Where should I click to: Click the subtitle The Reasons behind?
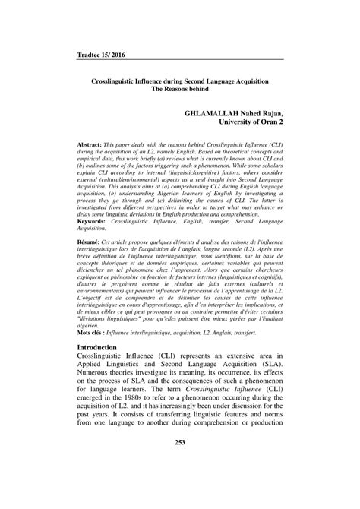coord(180,88)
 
